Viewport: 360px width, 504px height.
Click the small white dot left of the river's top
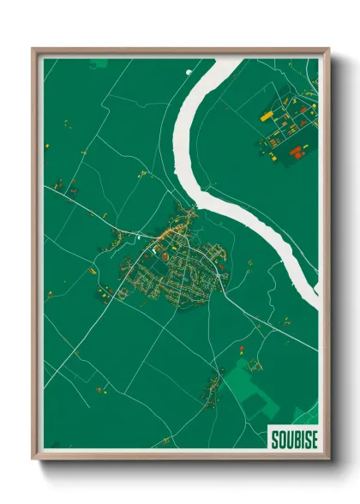186,72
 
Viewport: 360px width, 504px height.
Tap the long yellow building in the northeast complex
267,113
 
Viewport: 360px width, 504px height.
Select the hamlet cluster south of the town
210,391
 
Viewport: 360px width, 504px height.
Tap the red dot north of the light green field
242,347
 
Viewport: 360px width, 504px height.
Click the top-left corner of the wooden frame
33,49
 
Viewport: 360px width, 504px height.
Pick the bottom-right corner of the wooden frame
328,459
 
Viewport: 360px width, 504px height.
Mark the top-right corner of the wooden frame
328,49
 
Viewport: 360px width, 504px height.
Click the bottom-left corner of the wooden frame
33,459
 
